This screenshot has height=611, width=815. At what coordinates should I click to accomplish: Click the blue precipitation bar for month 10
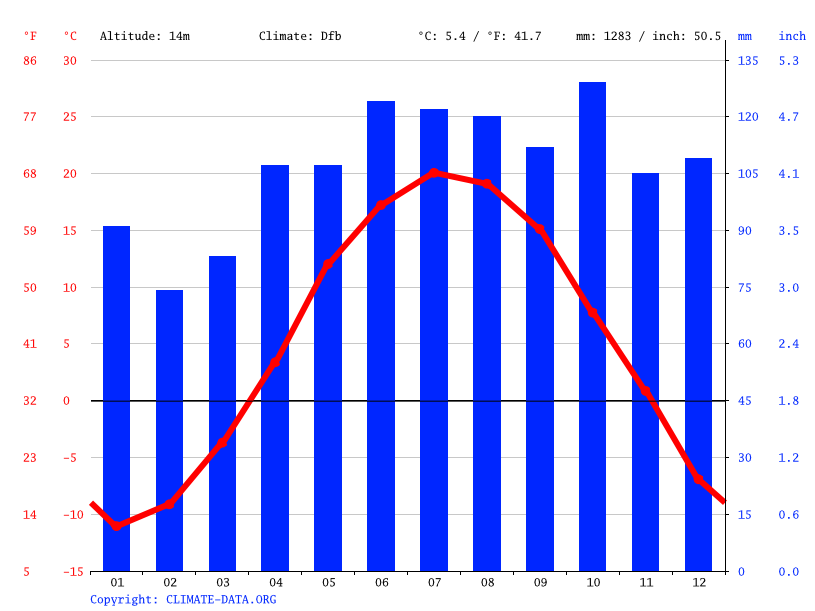point(593,327)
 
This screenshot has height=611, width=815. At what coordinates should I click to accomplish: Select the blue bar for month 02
point(169,431)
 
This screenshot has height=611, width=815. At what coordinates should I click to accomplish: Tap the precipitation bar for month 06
point(381,336)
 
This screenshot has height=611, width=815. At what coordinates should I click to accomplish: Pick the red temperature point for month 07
point(435,173)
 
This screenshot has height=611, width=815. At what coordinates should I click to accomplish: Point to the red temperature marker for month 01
point(116,526)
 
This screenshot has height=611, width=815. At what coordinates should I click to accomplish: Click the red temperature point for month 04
point(275,362)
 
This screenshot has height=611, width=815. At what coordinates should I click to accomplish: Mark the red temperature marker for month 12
point(699,479)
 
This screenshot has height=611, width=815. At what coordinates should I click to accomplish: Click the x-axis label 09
point(540,583)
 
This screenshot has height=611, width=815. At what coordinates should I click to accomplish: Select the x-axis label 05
point(328,583)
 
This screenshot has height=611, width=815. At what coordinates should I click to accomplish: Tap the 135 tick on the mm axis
point(748,61)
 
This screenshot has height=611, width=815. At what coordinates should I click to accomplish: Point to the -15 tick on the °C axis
point(73,572)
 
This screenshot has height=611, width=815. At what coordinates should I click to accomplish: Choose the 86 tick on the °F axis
point(30,61)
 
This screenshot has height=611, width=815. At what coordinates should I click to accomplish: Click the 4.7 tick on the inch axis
point(788,117)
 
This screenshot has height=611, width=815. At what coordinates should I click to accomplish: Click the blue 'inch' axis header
point(792,36)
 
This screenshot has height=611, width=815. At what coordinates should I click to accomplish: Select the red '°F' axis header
point(30,36)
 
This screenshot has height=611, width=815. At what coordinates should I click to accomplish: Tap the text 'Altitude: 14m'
point(145,36)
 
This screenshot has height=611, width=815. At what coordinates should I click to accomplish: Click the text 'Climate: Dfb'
point(300,36)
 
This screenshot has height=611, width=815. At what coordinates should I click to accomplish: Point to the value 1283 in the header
point(617,36)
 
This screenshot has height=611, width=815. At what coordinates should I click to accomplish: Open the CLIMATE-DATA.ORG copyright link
point(221,600)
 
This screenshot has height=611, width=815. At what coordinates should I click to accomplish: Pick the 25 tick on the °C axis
point(70,117)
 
